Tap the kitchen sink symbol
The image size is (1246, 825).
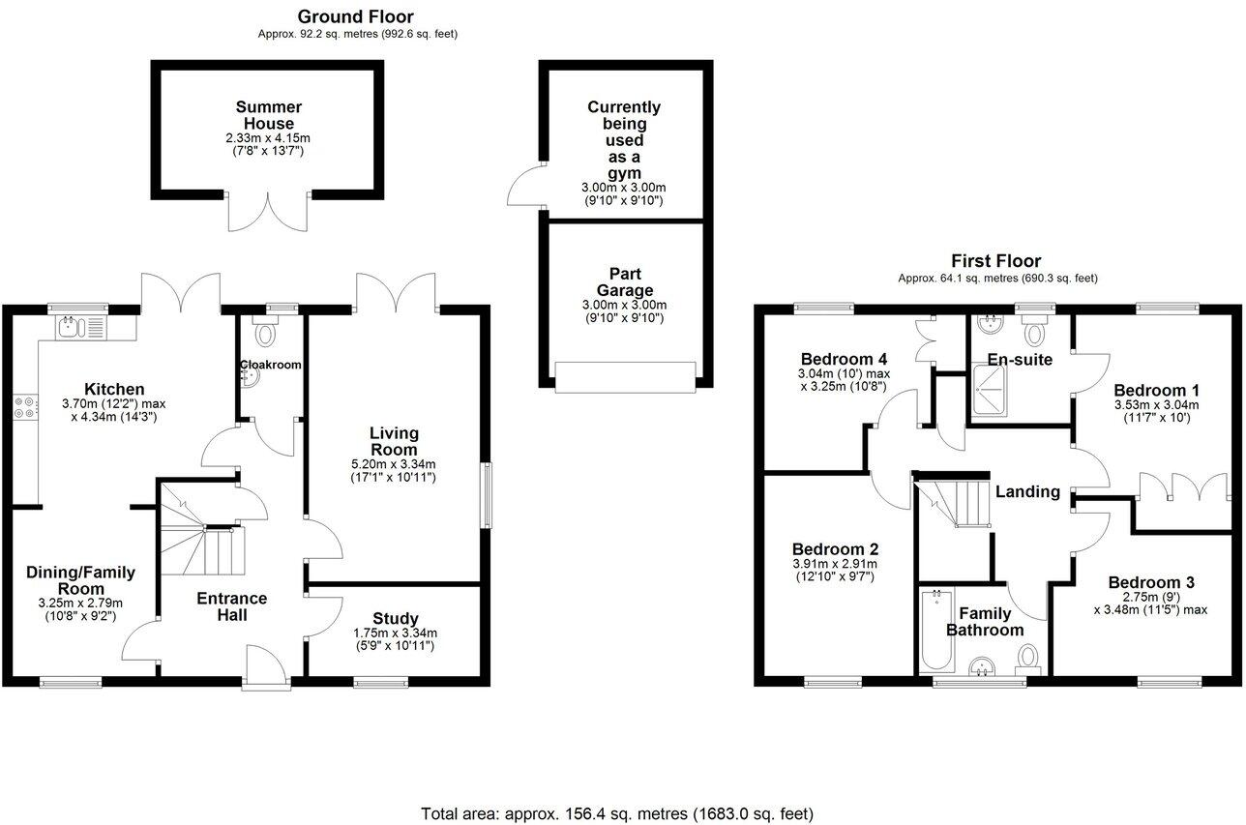click(74, 328)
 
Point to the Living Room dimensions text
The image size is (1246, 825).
click(394, 471)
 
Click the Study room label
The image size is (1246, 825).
click(395, 618)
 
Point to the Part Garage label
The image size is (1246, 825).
click(626, 282)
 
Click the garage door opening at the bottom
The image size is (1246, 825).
click(625, 376)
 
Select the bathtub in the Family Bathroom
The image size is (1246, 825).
click(935, 631)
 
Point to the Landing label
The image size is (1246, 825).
click(1027, 491)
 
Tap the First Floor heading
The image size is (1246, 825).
click(996, 261)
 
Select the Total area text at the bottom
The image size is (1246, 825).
click(617, 812)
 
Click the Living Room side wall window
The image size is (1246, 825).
click(487, 495)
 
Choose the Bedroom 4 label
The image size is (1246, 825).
click(843, 359)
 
